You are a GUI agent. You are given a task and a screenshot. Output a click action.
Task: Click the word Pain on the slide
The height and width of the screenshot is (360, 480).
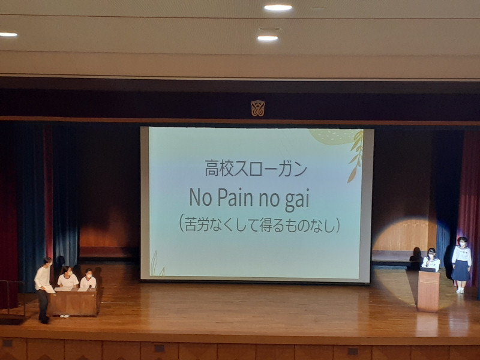point(235,198)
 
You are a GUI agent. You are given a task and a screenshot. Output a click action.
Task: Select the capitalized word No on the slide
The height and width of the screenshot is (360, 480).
point(200,198)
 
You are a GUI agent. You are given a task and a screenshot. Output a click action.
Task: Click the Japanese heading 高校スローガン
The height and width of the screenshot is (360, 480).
point(256,168)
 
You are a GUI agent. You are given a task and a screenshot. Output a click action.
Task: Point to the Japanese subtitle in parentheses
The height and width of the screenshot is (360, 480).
point(259,226)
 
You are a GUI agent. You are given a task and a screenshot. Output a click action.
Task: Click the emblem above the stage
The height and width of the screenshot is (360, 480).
point(258,109)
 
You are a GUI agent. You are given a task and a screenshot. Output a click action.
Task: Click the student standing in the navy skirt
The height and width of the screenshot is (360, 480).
point(461,265)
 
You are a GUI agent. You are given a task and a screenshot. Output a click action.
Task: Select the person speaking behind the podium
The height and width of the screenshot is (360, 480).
point(431,260)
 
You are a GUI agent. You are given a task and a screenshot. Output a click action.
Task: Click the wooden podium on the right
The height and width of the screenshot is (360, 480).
point(428,290)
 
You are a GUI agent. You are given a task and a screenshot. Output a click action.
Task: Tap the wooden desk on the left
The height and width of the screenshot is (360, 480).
point(73,302)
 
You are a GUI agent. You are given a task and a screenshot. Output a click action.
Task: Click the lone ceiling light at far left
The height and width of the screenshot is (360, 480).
point(8,35)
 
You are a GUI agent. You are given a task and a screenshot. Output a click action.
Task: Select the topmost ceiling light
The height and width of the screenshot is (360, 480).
point(278,8)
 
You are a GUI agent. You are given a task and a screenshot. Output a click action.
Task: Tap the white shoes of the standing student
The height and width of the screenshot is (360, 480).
point(460,291)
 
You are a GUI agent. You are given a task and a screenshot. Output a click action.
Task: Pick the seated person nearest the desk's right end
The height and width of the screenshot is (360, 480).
point(88,278)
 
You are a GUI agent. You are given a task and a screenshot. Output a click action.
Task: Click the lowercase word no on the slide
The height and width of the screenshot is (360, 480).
point(269,200)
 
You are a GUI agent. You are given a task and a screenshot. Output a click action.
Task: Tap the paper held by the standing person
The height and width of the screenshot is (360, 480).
point(49,289)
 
